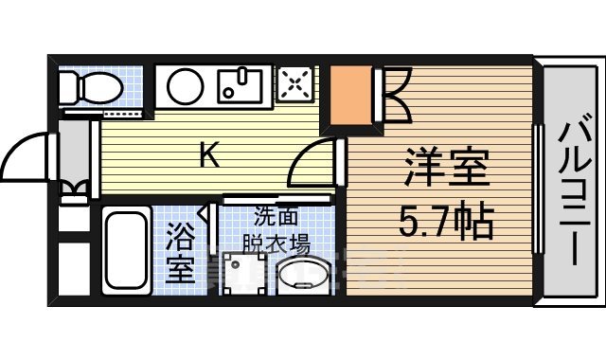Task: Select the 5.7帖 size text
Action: click(446, 224)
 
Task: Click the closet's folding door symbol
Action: click(397, 95)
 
